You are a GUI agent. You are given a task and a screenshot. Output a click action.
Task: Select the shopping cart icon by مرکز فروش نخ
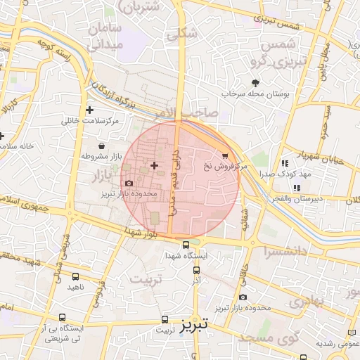click(x=224, y=155)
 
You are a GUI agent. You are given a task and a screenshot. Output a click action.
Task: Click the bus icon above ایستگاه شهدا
click(x=186, y=245)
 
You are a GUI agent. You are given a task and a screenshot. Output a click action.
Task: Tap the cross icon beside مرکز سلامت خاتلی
click(x=89, y=110)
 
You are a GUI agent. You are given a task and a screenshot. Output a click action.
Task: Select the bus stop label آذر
click(x=196, y=280)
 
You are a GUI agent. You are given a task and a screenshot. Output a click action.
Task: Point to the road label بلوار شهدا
click(x=145, y=232)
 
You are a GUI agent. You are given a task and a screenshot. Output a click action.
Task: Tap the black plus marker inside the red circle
click(x=154, y=165)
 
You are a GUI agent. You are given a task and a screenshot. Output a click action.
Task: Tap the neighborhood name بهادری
click(x=306, y=303)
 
